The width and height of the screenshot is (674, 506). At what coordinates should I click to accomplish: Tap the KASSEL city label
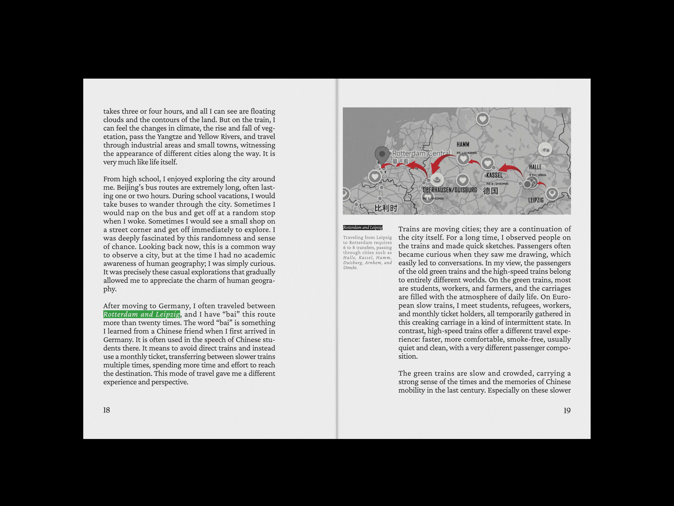(x=494, y=175)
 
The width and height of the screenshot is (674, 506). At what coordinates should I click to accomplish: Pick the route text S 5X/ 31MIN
(x=538, y=175)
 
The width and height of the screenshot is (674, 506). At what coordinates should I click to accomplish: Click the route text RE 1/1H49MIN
(x=467, y=153)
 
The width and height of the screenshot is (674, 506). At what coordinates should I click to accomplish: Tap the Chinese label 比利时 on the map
(x=386, y=208)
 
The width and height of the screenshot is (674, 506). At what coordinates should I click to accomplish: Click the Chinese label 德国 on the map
(x=491, y=191)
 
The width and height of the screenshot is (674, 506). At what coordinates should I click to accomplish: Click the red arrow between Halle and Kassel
(x=511, y=169)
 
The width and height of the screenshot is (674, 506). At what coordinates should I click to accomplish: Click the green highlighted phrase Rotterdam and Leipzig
(x=141, y=314)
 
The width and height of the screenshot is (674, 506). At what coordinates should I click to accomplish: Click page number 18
(x=106, y=410)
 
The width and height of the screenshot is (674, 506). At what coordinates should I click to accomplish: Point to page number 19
(x=567, y=410)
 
